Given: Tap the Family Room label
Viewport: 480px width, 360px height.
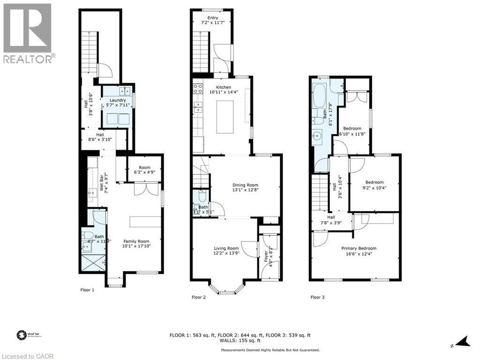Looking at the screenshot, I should (x=136, y=240).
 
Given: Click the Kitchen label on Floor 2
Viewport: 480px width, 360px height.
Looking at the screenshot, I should (x=224, y=87).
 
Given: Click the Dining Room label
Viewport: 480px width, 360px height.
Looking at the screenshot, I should (x=246, y=185).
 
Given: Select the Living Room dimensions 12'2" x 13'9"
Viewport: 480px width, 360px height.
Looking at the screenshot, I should (x=226, y=254).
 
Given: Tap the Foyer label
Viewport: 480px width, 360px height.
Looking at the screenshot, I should (x=266, y=255).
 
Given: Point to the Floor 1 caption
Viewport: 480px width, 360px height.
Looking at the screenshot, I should (x=87, y=290).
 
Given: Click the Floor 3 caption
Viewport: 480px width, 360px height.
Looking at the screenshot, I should (x=317, y=297).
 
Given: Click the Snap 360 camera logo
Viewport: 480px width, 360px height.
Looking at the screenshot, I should (x=21, y=335).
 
